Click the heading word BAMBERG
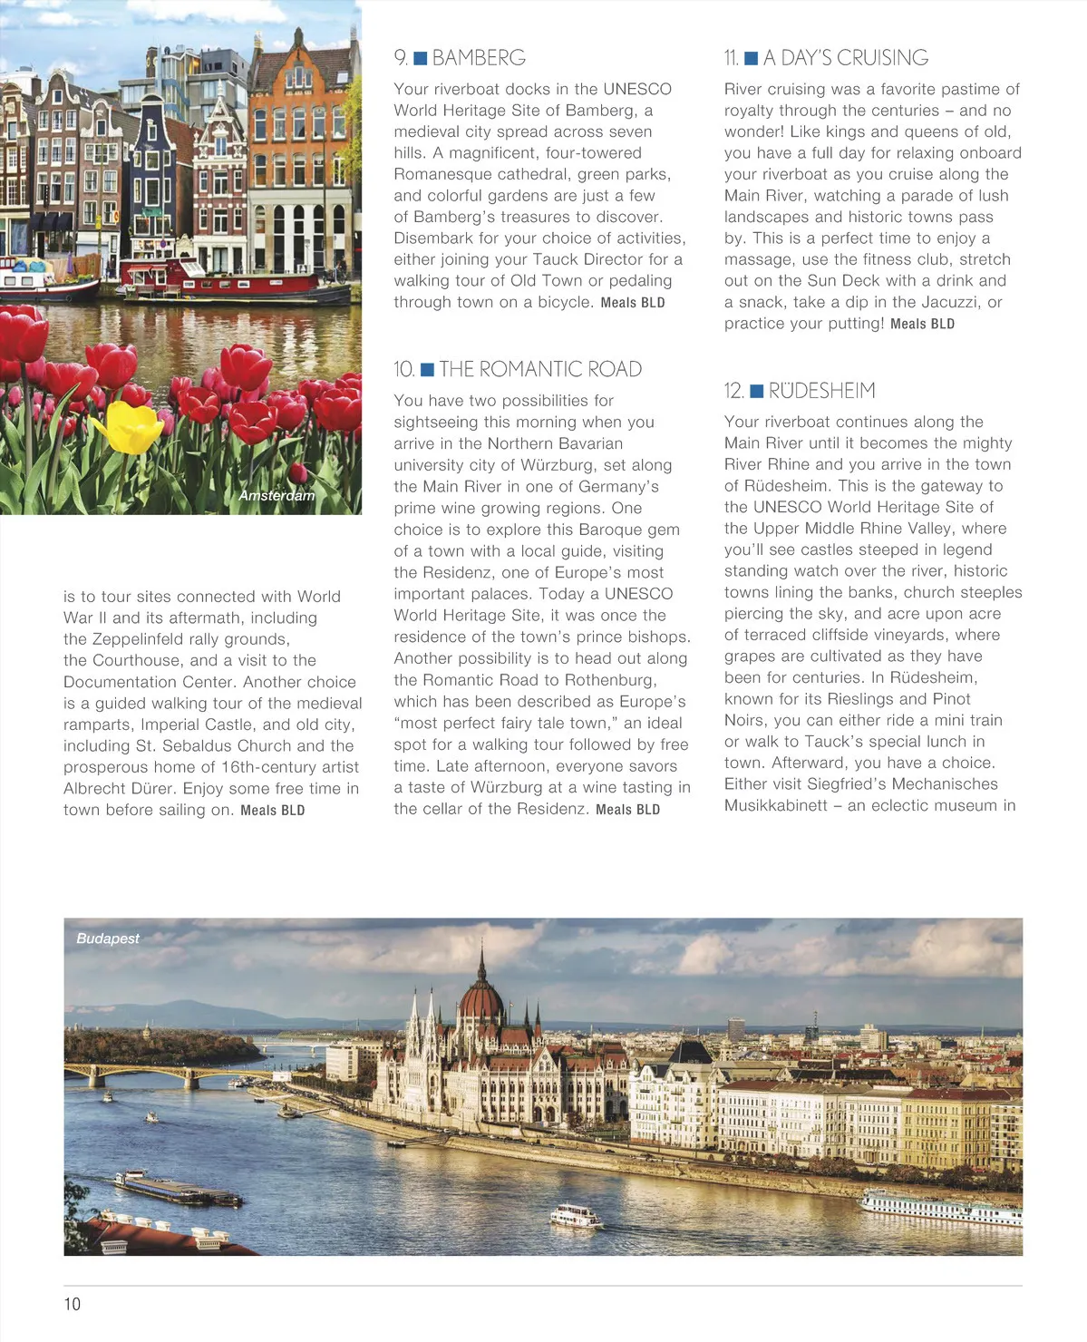[x=479, y=58]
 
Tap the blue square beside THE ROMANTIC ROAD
[x=427, y=369]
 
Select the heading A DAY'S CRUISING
[x=846, y=58]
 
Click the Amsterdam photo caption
[x=277, y=495]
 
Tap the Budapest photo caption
[x=108, y=938]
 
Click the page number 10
[x=72, y=1304]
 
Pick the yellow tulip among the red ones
[x=131, y=428]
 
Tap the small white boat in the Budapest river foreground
[x=576, y=1215]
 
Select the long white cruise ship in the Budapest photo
[x=941, y=1208]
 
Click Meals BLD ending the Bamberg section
[x=633, y=303]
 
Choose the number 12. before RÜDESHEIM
[x=733, y=391]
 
